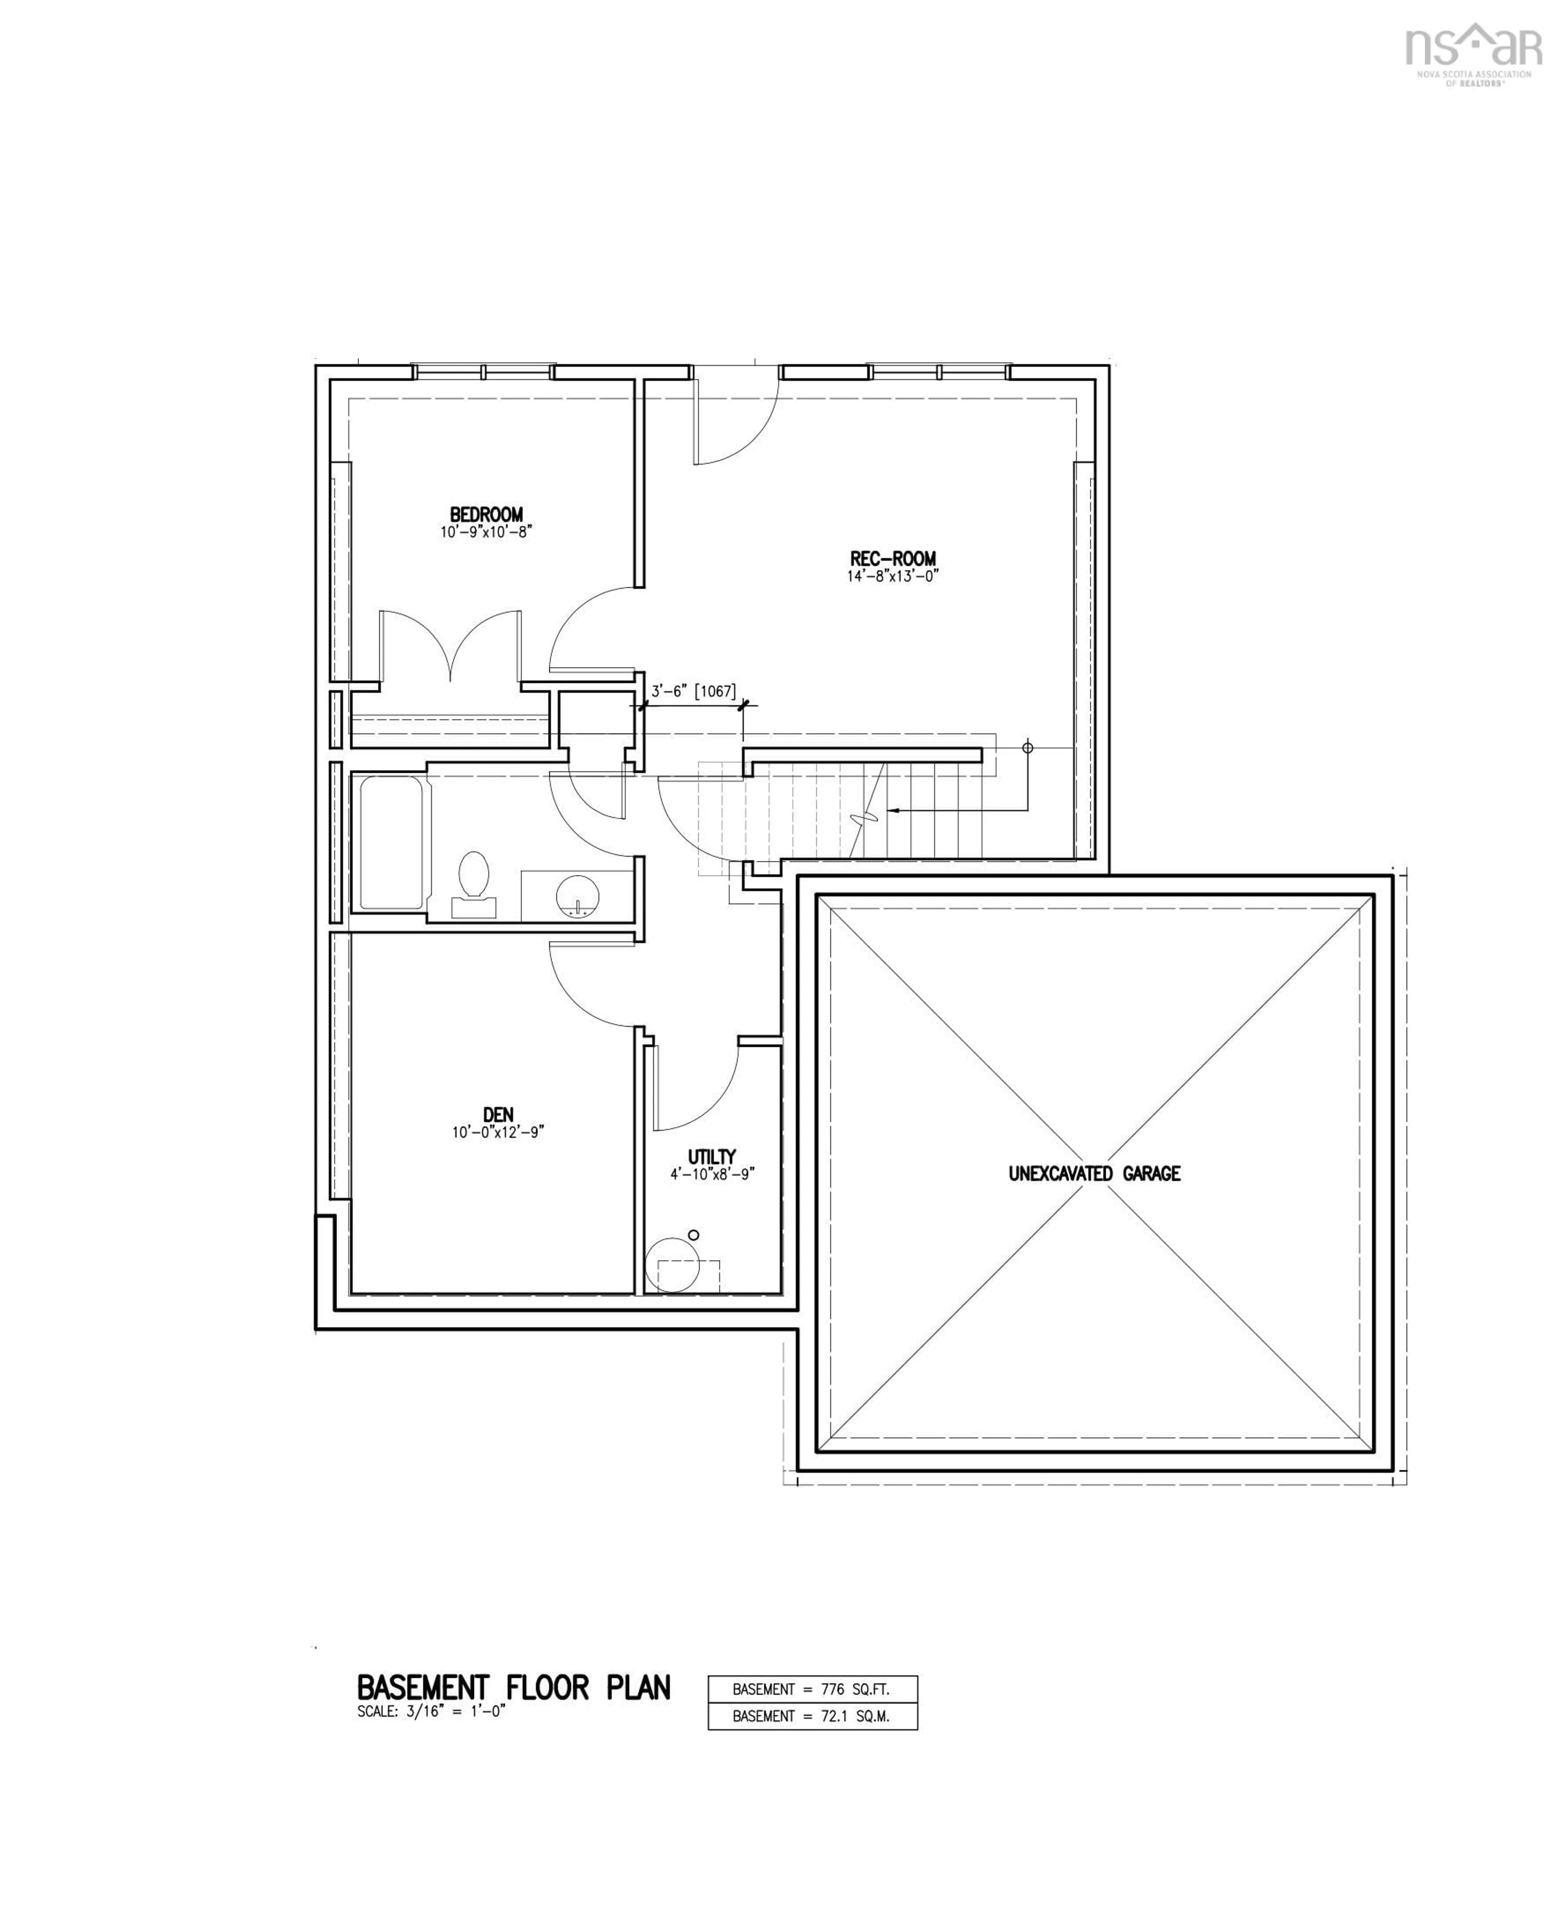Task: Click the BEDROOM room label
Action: [486, 515]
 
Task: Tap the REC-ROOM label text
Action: [893, 558]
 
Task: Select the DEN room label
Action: [498, 1114]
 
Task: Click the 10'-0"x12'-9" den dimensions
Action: [498, 1132]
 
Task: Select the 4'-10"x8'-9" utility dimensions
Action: [713, 1174]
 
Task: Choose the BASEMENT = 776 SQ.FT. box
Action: [812, 1689]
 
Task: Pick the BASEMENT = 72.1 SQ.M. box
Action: [812, 1716]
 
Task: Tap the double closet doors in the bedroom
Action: [450, 646]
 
